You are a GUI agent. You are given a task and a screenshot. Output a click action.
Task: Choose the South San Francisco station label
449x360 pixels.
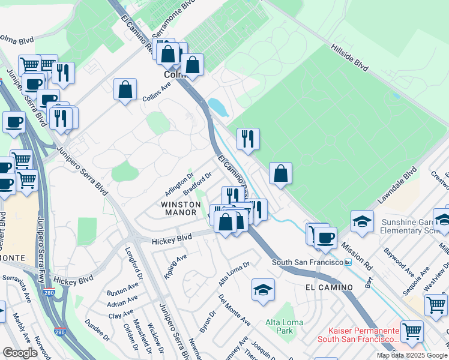tap(307, 262)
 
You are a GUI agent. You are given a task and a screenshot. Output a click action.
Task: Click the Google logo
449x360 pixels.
tap(20, 352)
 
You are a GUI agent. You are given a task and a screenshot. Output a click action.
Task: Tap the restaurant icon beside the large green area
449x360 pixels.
tap(247, 139)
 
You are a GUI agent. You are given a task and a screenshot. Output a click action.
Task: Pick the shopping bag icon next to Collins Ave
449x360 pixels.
tap(125, 89)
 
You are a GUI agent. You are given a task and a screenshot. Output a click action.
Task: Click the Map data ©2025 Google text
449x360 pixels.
tap(411, 355)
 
